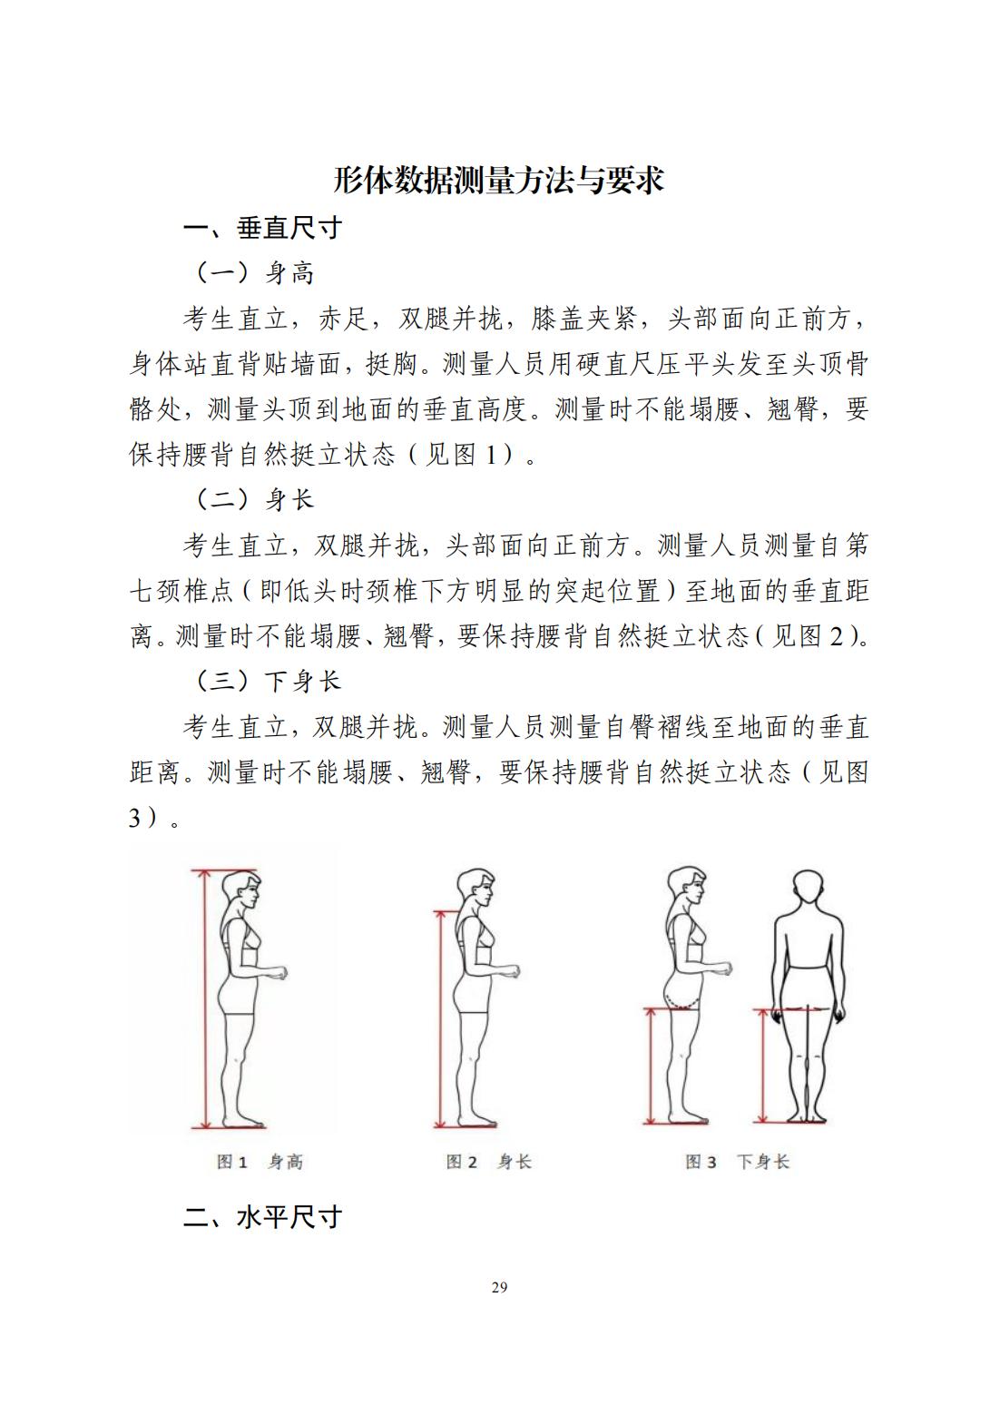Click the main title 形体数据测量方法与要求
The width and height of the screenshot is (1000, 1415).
pyautogui.click(x=498, y=181)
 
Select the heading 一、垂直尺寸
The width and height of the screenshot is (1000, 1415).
pyautogui.click(x=263, y=228)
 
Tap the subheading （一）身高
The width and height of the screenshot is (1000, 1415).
pyautogui.click(x=253, y=273)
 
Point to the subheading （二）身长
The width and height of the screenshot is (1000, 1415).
pyautogui.click(x=253, y=500)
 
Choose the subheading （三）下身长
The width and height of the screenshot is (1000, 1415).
pyautogui.click(x=267, y=681)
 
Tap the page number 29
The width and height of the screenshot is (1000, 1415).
pyautogui.click(x=499, y=1287)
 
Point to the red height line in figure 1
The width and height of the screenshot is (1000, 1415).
pyautogui.click(x=203, y=998)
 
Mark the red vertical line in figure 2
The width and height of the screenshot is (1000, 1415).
pyautogui.click(x=440, y=1018)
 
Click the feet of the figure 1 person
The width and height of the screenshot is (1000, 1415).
pyautogui.click(x=243, y=1122)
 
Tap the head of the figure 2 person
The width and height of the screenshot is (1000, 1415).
pyautogui.click(x=476, y=889)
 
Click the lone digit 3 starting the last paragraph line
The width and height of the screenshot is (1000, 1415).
pyautogui.click(x=134, y=818)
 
